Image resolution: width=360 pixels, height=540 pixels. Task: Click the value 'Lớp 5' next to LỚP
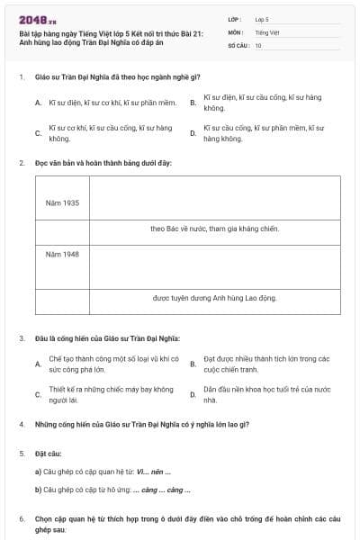[x=262, y=18]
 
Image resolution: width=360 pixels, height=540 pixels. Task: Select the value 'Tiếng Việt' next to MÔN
[x=267, y=31]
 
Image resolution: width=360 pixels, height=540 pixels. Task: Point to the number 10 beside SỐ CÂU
[x=258, y=45]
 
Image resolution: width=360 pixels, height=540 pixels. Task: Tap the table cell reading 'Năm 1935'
[x=62, y=202]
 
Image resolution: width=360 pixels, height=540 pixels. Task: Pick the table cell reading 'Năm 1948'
[x=62, y=254]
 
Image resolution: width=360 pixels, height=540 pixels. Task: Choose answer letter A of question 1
[x=38, y=103]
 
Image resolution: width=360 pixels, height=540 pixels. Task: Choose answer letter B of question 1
[x=193, y=103]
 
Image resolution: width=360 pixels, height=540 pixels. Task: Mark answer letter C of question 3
[x=38, y=394]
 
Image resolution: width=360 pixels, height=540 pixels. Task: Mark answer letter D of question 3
[x=193, y=394]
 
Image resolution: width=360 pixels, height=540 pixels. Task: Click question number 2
[x=21, y=163]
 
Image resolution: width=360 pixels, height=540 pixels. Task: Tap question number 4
[x=21, y=423]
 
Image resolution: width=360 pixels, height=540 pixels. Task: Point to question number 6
[x=21, y=519]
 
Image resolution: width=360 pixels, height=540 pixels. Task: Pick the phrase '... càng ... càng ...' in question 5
[x=162, y=490]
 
